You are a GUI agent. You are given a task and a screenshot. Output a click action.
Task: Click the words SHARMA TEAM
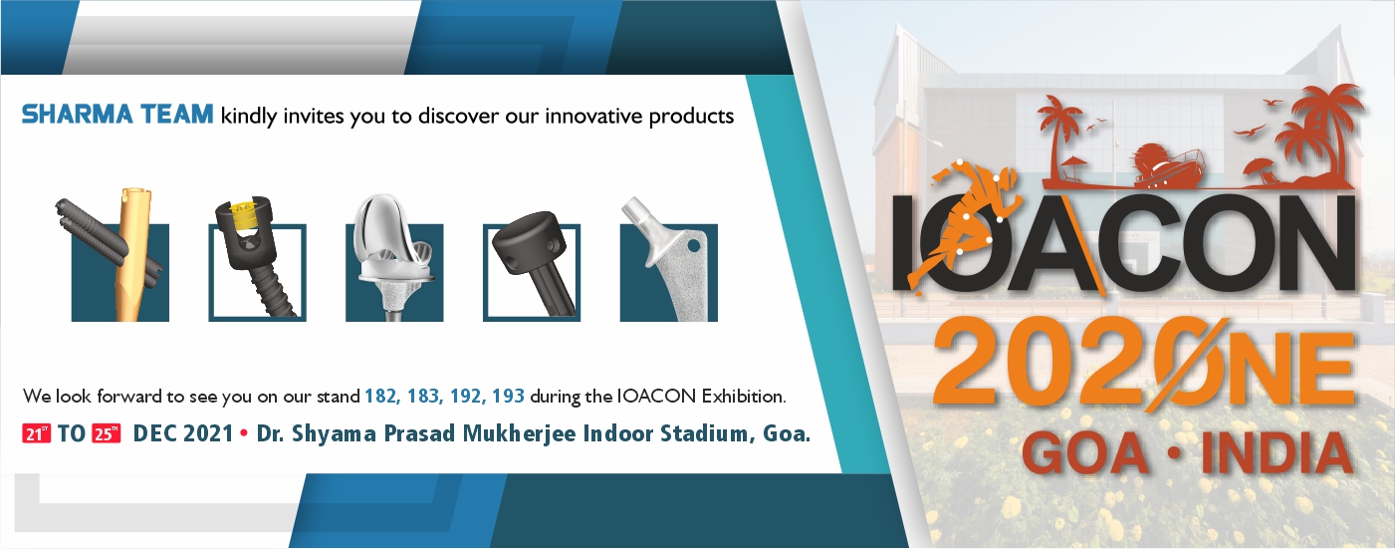pyautogui.click(x=117, y=115)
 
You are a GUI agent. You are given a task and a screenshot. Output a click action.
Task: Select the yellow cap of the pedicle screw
pyautogui.click(x=244, y=213)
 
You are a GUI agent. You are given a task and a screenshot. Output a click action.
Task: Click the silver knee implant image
pyautogui.click(x=394, y=258)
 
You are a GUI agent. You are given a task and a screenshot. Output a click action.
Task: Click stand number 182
pyautogui.click(x=380, y=397)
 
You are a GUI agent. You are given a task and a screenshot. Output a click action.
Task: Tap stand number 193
pyautogui.click(x=508, y=397)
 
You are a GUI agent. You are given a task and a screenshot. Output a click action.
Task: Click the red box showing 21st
pyautogui.click(x=36, y=433)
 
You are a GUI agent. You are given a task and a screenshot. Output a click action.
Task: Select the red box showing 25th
pyautogui.click(x=106, y=433)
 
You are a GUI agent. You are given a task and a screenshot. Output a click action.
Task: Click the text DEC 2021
pyautogui.click(x=183, y=433)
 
